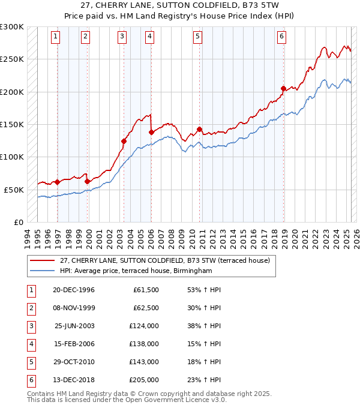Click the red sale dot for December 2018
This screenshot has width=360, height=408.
tap(283, 88)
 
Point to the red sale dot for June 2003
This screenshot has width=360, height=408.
tap(124, 141)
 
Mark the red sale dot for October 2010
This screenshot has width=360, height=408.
tap(199, 128)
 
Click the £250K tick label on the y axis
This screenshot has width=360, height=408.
tap(12, 59)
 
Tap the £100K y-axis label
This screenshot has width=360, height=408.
tap(12, 157)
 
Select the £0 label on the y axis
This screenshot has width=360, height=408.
tap(18, 222)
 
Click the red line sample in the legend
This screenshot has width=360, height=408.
tap(42, 260)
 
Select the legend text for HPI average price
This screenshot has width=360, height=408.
tap(136, 271)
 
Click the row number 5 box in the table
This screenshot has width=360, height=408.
tap(30, 362)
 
